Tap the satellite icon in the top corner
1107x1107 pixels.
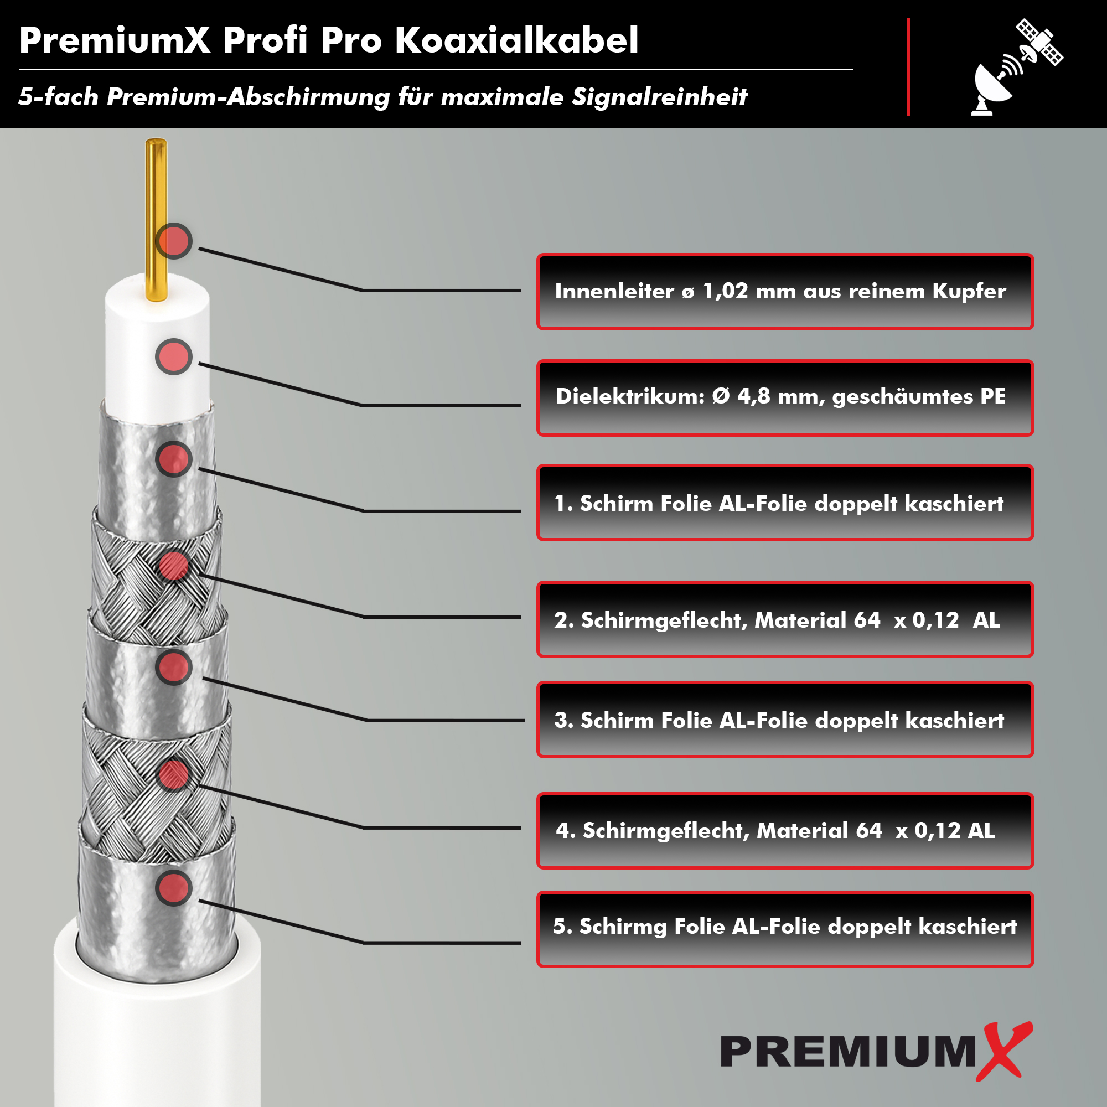coord(1039,42)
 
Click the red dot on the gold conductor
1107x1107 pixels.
coord(174,241)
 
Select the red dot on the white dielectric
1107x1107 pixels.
coord(174,356)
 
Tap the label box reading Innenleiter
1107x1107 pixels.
coord(785,292)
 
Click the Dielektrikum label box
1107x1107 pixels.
coord(785,397)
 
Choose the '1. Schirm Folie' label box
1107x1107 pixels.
coord(785,503)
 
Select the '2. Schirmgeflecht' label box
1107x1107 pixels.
coord(785,619)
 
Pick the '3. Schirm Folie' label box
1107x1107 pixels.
coord(785,720)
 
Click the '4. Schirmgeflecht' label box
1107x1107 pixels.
coord(785,831)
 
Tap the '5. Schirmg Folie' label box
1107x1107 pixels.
coord(785,929)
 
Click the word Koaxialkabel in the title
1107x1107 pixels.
coord(516,40)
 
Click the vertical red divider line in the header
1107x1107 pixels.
coord(908,67)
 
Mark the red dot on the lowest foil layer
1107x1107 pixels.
coord(174,888)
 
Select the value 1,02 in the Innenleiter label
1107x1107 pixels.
coord(726,292)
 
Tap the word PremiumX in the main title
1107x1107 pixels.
coord(115,40)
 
